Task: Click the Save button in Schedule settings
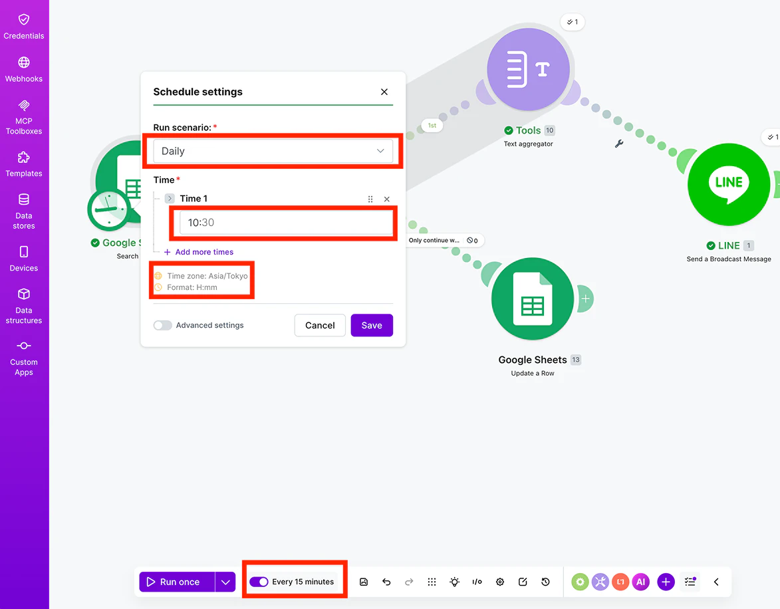372,325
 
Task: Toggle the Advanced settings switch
163,325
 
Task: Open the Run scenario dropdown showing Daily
273,151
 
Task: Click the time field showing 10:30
286,223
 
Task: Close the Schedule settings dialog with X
384,92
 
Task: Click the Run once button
177,582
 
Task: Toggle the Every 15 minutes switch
259,582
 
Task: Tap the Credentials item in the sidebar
24,27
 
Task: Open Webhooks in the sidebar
24,69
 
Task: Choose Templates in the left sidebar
24,164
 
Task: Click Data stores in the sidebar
24,211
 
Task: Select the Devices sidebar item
24,259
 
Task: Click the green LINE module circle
729,185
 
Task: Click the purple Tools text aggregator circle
528,69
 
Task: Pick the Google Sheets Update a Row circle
532,299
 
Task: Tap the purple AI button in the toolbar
641,582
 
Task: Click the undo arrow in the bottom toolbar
386,582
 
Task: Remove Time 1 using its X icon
386,199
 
